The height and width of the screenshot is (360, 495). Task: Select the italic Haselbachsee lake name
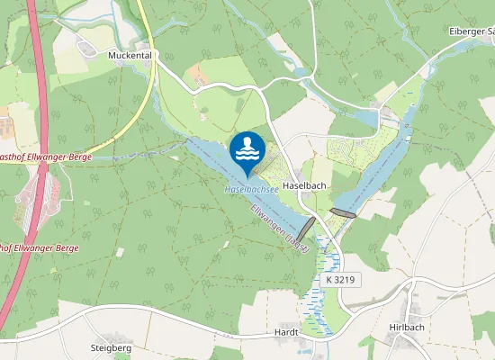(251, 191)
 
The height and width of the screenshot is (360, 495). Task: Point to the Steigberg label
(112, 347)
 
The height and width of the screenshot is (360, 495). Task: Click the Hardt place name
(285, 332)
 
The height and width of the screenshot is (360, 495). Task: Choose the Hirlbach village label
(407, 328)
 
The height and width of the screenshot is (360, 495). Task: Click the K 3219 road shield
(341, 280)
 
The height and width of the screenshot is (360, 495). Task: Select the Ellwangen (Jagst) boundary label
(282, 227)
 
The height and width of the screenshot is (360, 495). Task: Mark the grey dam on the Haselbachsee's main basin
(306, 228)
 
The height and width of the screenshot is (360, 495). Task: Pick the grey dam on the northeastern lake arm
(343, 212)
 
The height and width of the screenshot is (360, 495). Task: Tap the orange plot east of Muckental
(198, 76)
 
